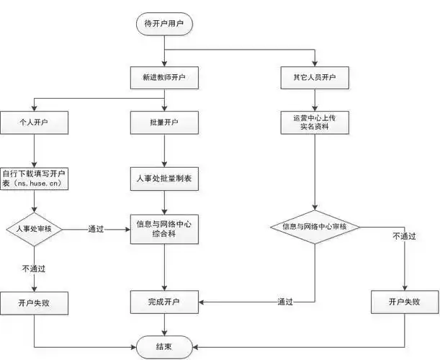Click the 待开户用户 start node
tap(164, 23)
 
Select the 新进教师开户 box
tap(164, 76)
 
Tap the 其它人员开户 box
tap(315, 76)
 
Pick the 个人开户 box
tap(35, 123)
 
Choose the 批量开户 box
tap(164, 123)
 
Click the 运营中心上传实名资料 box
tap(315, 123)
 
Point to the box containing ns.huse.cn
tap(35, 178)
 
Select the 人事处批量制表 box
tap(164, 177)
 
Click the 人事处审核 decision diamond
tap(35, 229)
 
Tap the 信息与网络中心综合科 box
tap(164, 229)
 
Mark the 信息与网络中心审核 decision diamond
tap(315, 228)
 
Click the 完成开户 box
tap(164, 302)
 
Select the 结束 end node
tap(164, 346)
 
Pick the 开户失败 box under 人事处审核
tap(35, 302)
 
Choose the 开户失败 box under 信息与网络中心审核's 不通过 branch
tap(405, 302)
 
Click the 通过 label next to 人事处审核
tap(96, 229)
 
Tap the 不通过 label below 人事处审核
tap(34, 268)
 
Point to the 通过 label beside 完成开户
tap(285, 302)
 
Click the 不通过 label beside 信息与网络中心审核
tap(405, 235)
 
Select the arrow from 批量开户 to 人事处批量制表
tap(164, 150)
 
